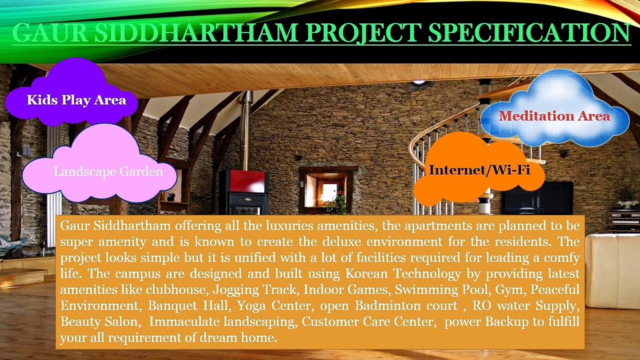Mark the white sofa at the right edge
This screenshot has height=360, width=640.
click(x=612, y=270)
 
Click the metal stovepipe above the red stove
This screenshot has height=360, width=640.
click(x=244, y=130)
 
